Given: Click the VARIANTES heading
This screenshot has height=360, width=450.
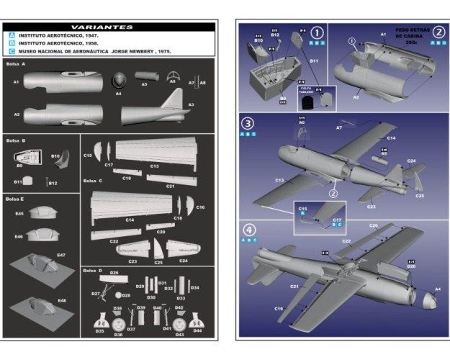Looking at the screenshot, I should pyautogui.click(x=108, y=27).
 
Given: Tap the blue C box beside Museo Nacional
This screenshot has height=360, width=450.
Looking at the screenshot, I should pyautogui.click(x=12, y=51).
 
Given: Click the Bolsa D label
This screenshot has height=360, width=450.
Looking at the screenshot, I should pyautogui.click(x=91, y=270).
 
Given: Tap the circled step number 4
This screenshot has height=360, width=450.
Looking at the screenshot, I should pyautogui.click(x=250, y=230).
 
